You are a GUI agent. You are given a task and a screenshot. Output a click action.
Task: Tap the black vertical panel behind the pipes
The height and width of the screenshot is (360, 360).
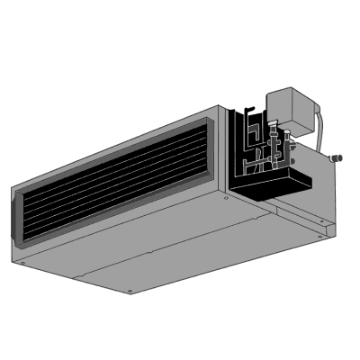click(236, 144)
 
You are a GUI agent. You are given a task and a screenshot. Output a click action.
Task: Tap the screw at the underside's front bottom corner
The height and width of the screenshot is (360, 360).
click(131, 291)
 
